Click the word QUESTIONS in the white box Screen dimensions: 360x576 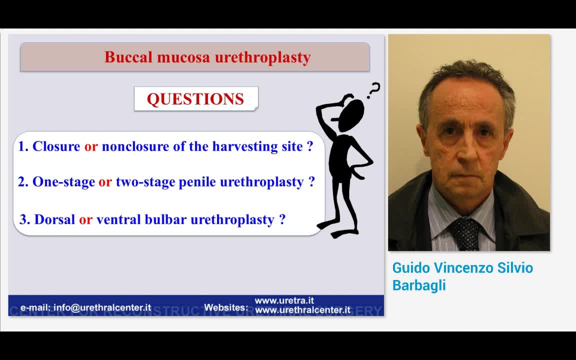tap(195, 99)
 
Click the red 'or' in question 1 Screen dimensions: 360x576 tap(90, 146)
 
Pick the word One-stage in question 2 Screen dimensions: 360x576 tap(63, 182)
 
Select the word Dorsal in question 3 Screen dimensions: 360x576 tap(54, 219)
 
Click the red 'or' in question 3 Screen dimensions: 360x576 tap(85, 219)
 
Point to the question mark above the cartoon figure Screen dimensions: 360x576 tap(373, 90)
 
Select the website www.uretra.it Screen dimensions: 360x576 tap(284, 300)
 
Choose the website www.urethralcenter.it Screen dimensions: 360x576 tap(302, 310)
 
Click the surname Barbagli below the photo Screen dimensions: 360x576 tap(418, 285)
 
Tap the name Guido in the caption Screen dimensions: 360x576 tap(411, 268)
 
